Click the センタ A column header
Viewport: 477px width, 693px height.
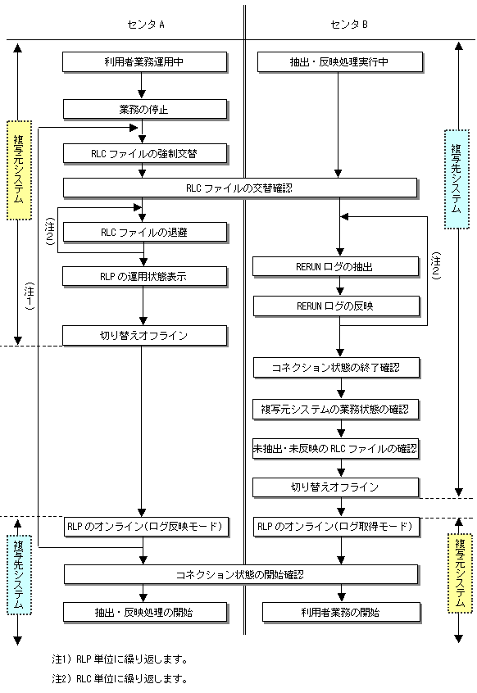[x=145, y=25]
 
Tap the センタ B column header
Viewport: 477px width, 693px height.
[x=349, y=25]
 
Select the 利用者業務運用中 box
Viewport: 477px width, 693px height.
[x=144, y=62]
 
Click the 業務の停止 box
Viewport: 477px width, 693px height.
[x=145, y=110]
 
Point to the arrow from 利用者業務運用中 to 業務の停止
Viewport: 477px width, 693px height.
[x=142, y=85]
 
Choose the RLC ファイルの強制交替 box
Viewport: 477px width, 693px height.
[x=145, y=154]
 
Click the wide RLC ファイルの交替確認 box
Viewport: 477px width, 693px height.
[x=240, y=188]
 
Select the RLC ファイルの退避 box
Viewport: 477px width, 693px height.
[x=145, y=233]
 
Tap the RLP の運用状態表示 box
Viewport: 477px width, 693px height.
[x=144, y=277]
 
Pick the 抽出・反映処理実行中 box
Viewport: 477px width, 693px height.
[x=340, y=62]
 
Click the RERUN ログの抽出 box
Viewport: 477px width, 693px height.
[x=336, y=267]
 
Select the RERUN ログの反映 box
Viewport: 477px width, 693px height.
[x=336, y=306]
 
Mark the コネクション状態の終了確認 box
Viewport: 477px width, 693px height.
[x=336, y=368]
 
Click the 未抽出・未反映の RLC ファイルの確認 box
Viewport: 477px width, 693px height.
[x=335, y=449]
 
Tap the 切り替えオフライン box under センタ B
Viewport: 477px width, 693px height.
[x=335, y=487]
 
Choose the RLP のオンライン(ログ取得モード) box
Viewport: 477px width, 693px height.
[x=336, y=527]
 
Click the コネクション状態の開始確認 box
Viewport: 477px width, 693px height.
[x=241, y=574]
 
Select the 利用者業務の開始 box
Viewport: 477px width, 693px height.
[x=341, y=613]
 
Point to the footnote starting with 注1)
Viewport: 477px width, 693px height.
[x=120, y=659]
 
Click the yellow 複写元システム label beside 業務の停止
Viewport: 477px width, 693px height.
[x=19, y=170]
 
